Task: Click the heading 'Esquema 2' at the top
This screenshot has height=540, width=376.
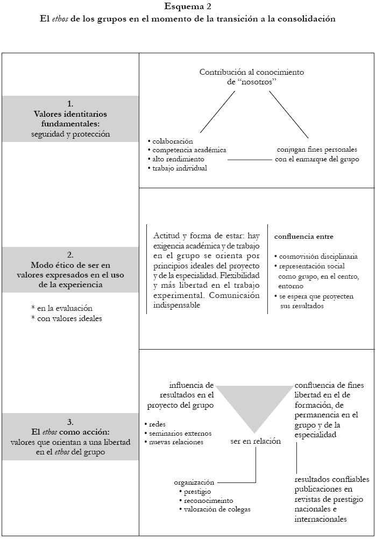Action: tap(188, 7)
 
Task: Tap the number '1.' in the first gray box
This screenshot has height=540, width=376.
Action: tap(70, 104)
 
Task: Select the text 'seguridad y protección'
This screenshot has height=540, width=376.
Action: tap(70, 134)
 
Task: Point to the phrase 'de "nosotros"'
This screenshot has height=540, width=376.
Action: tap(252, 82)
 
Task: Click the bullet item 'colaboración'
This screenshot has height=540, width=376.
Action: tap(172, 141)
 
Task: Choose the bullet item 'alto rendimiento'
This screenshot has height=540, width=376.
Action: tap(178, 159)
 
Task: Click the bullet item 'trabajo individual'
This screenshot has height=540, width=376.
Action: tap(180, 168)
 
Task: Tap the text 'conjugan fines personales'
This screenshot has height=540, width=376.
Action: tap(317, 150)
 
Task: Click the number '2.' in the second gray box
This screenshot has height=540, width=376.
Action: tap(70, 255)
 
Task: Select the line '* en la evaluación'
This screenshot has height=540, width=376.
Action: tap(62, 309)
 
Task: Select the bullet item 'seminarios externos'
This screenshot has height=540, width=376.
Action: tap(181, 433)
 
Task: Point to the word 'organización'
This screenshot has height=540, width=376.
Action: tap(194, 482)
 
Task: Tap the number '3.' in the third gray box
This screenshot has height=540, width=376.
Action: tap(70, 422)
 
